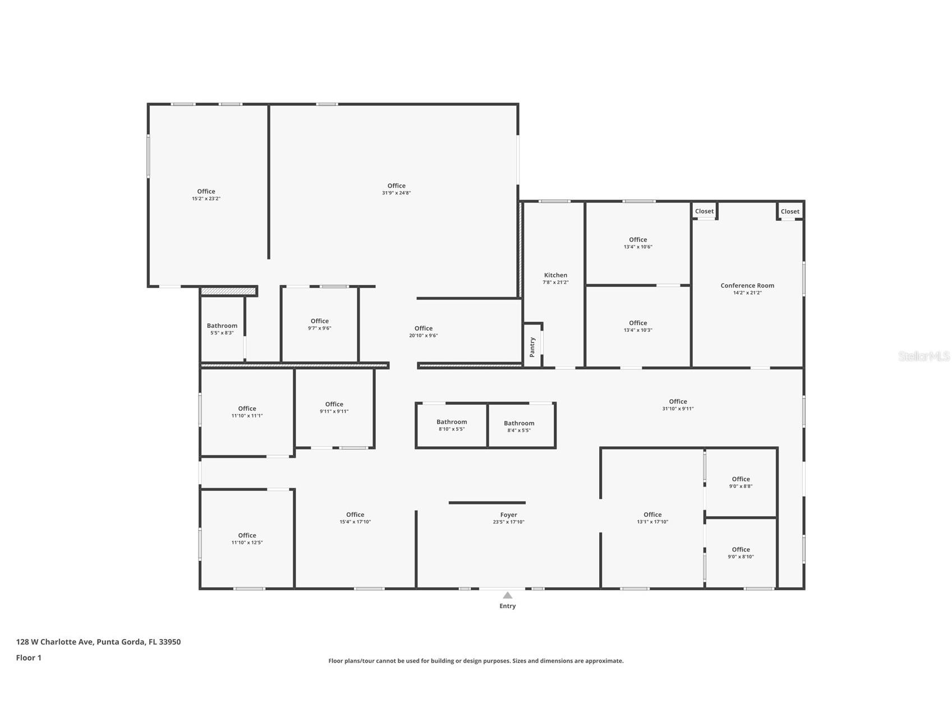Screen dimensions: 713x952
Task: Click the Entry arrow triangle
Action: pos(507,595)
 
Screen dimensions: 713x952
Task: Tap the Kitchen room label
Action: pos(555,275)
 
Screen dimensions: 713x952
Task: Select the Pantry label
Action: pos(532,347)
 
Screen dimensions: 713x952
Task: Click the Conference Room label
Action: pos(747,285)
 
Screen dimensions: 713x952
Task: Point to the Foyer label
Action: pos(508,515)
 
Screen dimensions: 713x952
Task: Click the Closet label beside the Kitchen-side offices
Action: pos(704,211)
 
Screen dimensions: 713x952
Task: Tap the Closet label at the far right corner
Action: pos(789,211)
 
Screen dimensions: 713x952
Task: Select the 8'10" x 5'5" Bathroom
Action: pos(452,425)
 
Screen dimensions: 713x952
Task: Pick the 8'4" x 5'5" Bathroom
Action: pos(519,426)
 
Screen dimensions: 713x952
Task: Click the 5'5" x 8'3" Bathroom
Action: pos(222,328)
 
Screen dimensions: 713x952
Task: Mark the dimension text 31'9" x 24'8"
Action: pos(396,193)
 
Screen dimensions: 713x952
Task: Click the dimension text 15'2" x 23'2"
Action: pos(206,198)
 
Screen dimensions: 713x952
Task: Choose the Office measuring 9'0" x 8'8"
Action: pos(741,482)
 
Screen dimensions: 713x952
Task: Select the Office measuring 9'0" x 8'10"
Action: pos(741,553)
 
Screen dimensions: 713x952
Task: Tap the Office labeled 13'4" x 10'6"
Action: pos(638,243)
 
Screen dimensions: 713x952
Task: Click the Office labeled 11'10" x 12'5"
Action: pos(247,538)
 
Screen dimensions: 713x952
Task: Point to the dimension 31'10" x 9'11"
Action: pos(678,409)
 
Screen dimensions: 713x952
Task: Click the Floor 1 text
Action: pos(29,658)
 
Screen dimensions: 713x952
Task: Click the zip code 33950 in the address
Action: pos(169,642)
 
